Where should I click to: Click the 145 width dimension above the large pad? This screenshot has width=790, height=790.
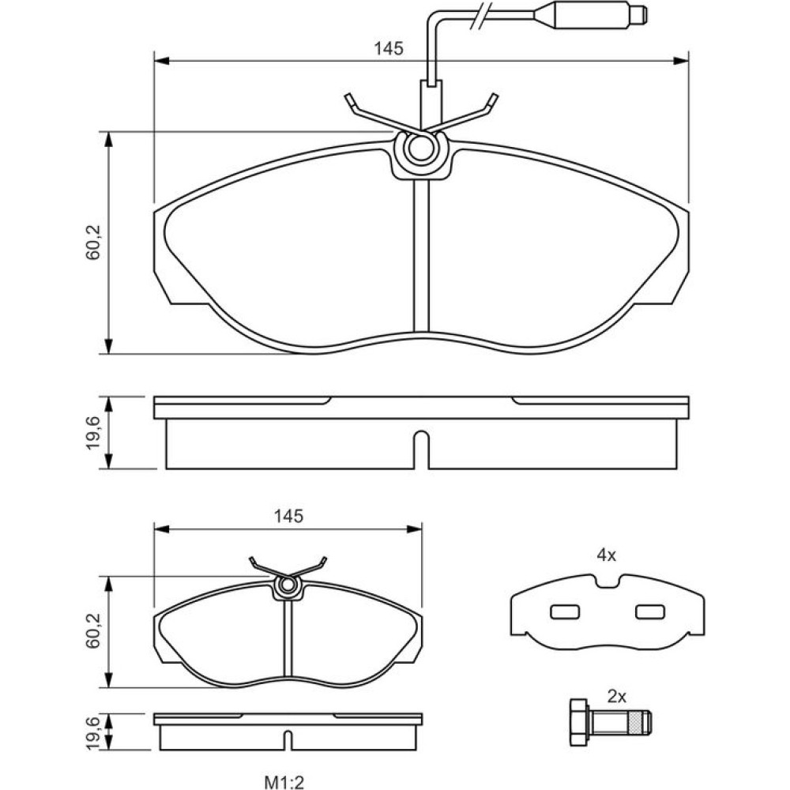tap(389, 48)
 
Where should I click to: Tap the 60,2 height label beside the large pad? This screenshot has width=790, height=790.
tap(94, 243)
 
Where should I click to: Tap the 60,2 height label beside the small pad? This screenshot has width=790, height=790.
tap(94, 630)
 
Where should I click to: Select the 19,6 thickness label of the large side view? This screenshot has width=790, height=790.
tap(94, 434)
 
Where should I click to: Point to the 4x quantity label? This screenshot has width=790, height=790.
tap(606, 555)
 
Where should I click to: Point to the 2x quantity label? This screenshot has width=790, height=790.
tap(617, 696)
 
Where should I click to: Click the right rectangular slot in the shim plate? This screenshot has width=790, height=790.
tap(650, 611)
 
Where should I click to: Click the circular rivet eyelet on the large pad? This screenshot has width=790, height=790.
tap(420, 149)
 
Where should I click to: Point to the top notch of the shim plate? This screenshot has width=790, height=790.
tap(607, 583)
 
